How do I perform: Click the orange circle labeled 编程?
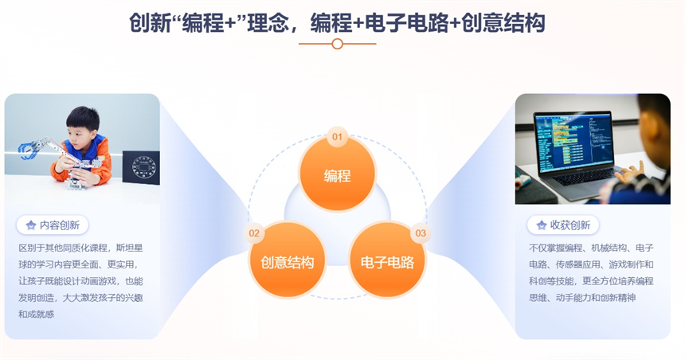[337, 174]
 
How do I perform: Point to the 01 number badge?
[337, 137]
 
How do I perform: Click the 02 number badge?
[254, 233]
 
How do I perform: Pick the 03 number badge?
[421, 233]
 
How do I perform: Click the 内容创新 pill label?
[53, 225]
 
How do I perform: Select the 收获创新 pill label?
[562, 225]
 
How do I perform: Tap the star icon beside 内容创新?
[30, 225]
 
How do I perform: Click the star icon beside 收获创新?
[542, 225]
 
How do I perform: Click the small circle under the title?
[337, 44]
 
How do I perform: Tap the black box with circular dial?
[141, 167]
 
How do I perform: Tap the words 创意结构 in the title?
[503, 23]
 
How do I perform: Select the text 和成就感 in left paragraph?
[37, 314]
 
